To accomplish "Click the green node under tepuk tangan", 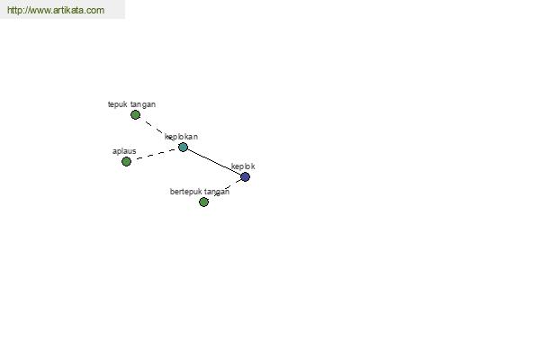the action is [x=135, y=114].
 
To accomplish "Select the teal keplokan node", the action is [x=183, y=148].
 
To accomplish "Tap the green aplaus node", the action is [x=126, y=162].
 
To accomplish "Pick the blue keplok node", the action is [x=245, y=177].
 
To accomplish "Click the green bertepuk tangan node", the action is [x=203, y=202].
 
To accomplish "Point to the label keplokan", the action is [x=181, y=137].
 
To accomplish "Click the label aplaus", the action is [x=124, y=151].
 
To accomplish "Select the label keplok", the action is [x=243, y=166].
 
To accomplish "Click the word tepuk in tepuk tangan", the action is [x=117, y=104].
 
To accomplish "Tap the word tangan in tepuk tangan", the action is [x=143, y=104].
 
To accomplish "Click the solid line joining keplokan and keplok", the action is [x=214, y=162].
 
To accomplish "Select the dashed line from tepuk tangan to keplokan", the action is [x=159, y=130].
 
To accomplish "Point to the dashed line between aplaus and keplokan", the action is [x=155, y=154].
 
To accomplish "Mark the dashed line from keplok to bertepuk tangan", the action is [x=228, y=188].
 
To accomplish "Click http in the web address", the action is [x=14, y=10].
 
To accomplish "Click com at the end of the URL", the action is [x=95, y=11].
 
